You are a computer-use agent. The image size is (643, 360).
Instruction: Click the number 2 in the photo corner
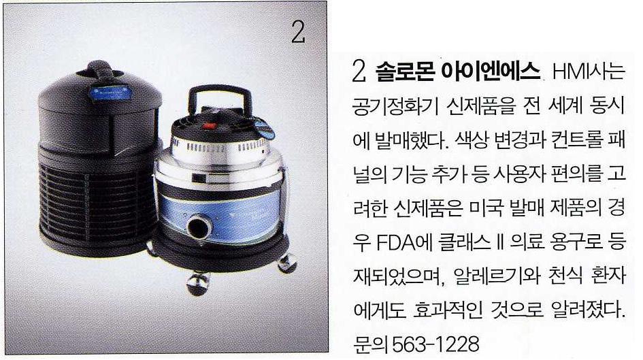pyautogui.click(x=298, y=32)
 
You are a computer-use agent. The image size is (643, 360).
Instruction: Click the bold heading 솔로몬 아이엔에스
pyautogui.click(x=458, y=72)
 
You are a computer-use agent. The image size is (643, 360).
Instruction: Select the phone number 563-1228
pyautogui.click(x=436, y=344)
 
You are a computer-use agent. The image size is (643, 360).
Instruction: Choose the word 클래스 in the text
pyautogui.click(x=465, y=243)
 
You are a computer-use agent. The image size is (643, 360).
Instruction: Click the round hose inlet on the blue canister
pyautogui.click(x=200, y=226)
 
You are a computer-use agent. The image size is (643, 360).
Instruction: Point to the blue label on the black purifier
pyautogui.click(x=111, y=93)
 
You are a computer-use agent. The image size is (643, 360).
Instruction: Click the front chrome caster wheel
pyautogui.click(x=197, y=283)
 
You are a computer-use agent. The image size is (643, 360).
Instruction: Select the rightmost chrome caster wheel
pyautogui.click(x=286, y=263)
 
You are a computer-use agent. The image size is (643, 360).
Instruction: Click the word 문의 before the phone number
pyautogui.click(x=371, y=344)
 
